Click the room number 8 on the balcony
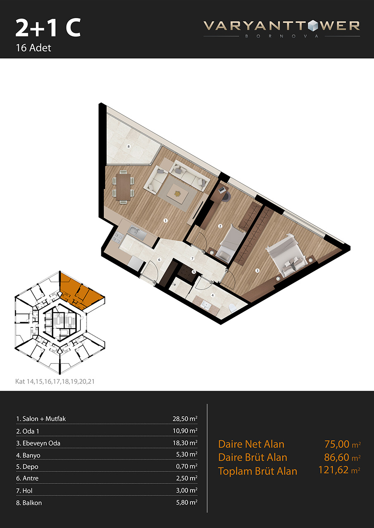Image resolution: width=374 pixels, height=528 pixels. (129, 146)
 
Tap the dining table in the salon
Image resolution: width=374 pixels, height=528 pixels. (123, 187)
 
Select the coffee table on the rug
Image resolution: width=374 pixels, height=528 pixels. (177, 193)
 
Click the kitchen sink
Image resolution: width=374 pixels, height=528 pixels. (137, 232)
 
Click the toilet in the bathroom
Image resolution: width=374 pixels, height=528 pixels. (232, 308)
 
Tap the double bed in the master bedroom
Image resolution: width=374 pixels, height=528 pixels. (288, 256)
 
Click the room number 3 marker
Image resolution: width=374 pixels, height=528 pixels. (257, 271)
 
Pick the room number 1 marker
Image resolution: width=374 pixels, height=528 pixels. (166, 221)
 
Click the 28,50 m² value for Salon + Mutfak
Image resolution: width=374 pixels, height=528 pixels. (185, 419)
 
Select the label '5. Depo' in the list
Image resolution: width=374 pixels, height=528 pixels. (27, 467)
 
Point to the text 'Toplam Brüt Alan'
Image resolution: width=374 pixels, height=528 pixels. (257, 471)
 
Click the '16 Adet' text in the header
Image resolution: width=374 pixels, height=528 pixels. (33, 48)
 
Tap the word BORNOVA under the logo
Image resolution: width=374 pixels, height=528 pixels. (282, 36)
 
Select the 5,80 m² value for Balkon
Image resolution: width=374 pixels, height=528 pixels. (187, 502)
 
